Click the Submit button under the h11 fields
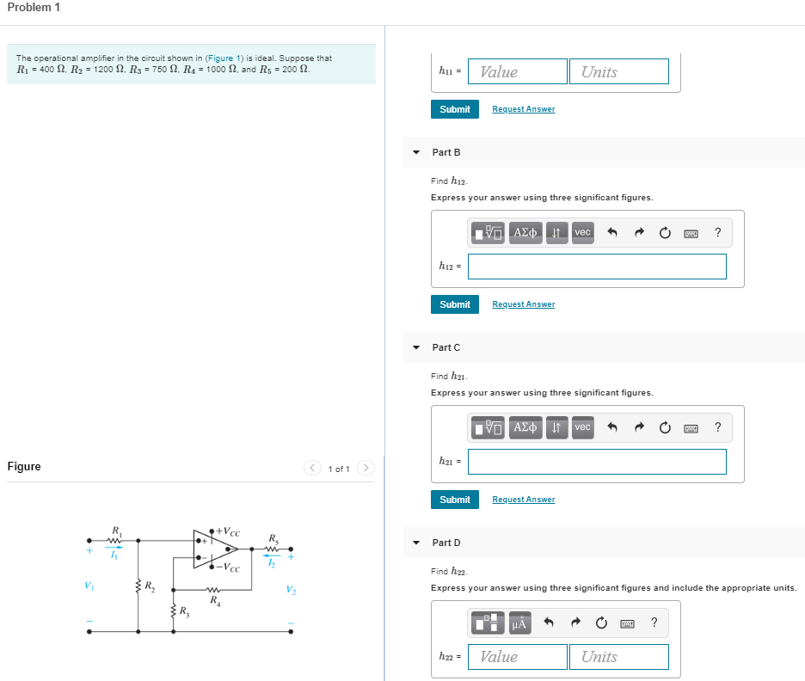[454, 109]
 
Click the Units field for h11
[618, 71]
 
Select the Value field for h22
[517, 656]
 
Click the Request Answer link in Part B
[523, 304]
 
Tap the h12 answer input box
[597, 267]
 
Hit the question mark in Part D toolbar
[654, 623]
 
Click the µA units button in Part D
[519, 623]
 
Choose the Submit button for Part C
[454, 500]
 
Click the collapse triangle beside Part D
[416, 543]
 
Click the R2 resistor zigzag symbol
[138, 588]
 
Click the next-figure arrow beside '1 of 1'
[366, 469]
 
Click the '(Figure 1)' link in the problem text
[224, 58]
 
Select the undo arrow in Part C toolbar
[611, 427]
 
